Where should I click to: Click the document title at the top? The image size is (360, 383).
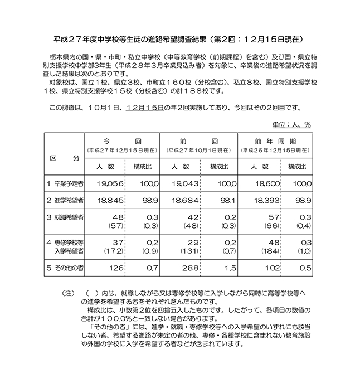(x=180, y=40)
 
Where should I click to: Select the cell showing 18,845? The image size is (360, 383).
(x=102, y=200)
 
